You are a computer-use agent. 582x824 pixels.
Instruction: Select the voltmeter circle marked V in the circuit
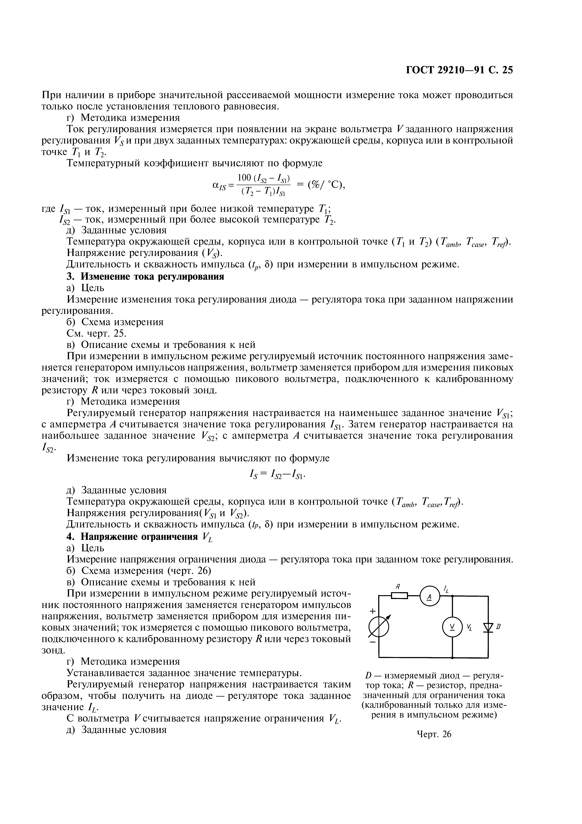pos(452,627)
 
